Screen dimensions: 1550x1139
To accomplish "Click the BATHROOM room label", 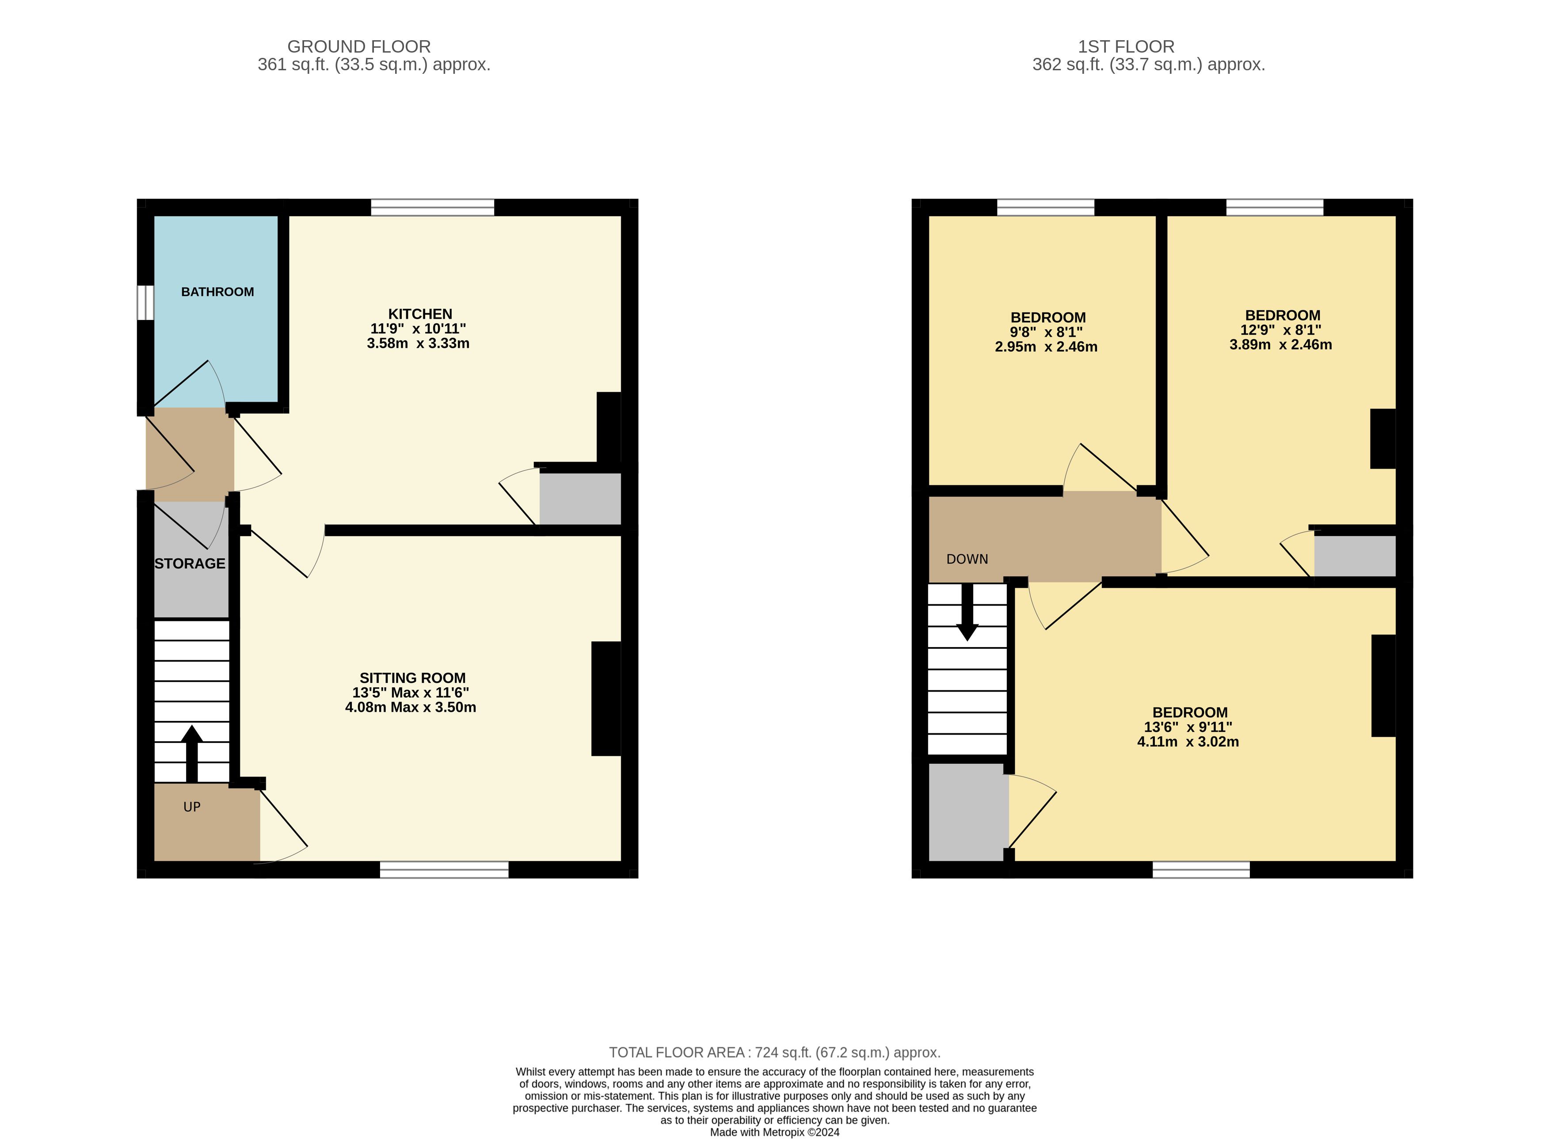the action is [217, 292].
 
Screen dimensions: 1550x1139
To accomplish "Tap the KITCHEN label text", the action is [420, 314].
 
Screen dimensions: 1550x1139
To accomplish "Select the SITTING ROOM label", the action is [412, 678].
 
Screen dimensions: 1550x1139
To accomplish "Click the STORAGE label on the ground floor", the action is [190, 563].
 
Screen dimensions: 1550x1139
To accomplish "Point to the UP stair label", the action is [192, 807].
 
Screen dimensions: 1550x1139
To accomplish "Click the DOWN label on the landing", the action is [967, 559].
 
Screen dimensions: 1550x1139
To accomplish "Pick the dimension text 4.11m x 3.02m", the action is [1188, 742].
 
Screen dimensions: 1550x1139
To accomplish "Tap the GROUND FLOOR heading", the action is [358, 47].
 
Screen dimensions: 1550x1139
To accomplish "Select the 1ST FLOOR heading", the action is [1126, 47].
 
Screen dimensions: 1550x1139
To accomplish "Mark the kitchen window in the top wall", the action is [432, 207].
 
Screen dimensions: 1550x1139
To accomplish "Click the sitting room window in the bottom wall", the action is [444, 869].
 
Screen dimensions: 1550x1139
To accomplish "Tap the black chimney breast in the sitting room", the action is [606, 698].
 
